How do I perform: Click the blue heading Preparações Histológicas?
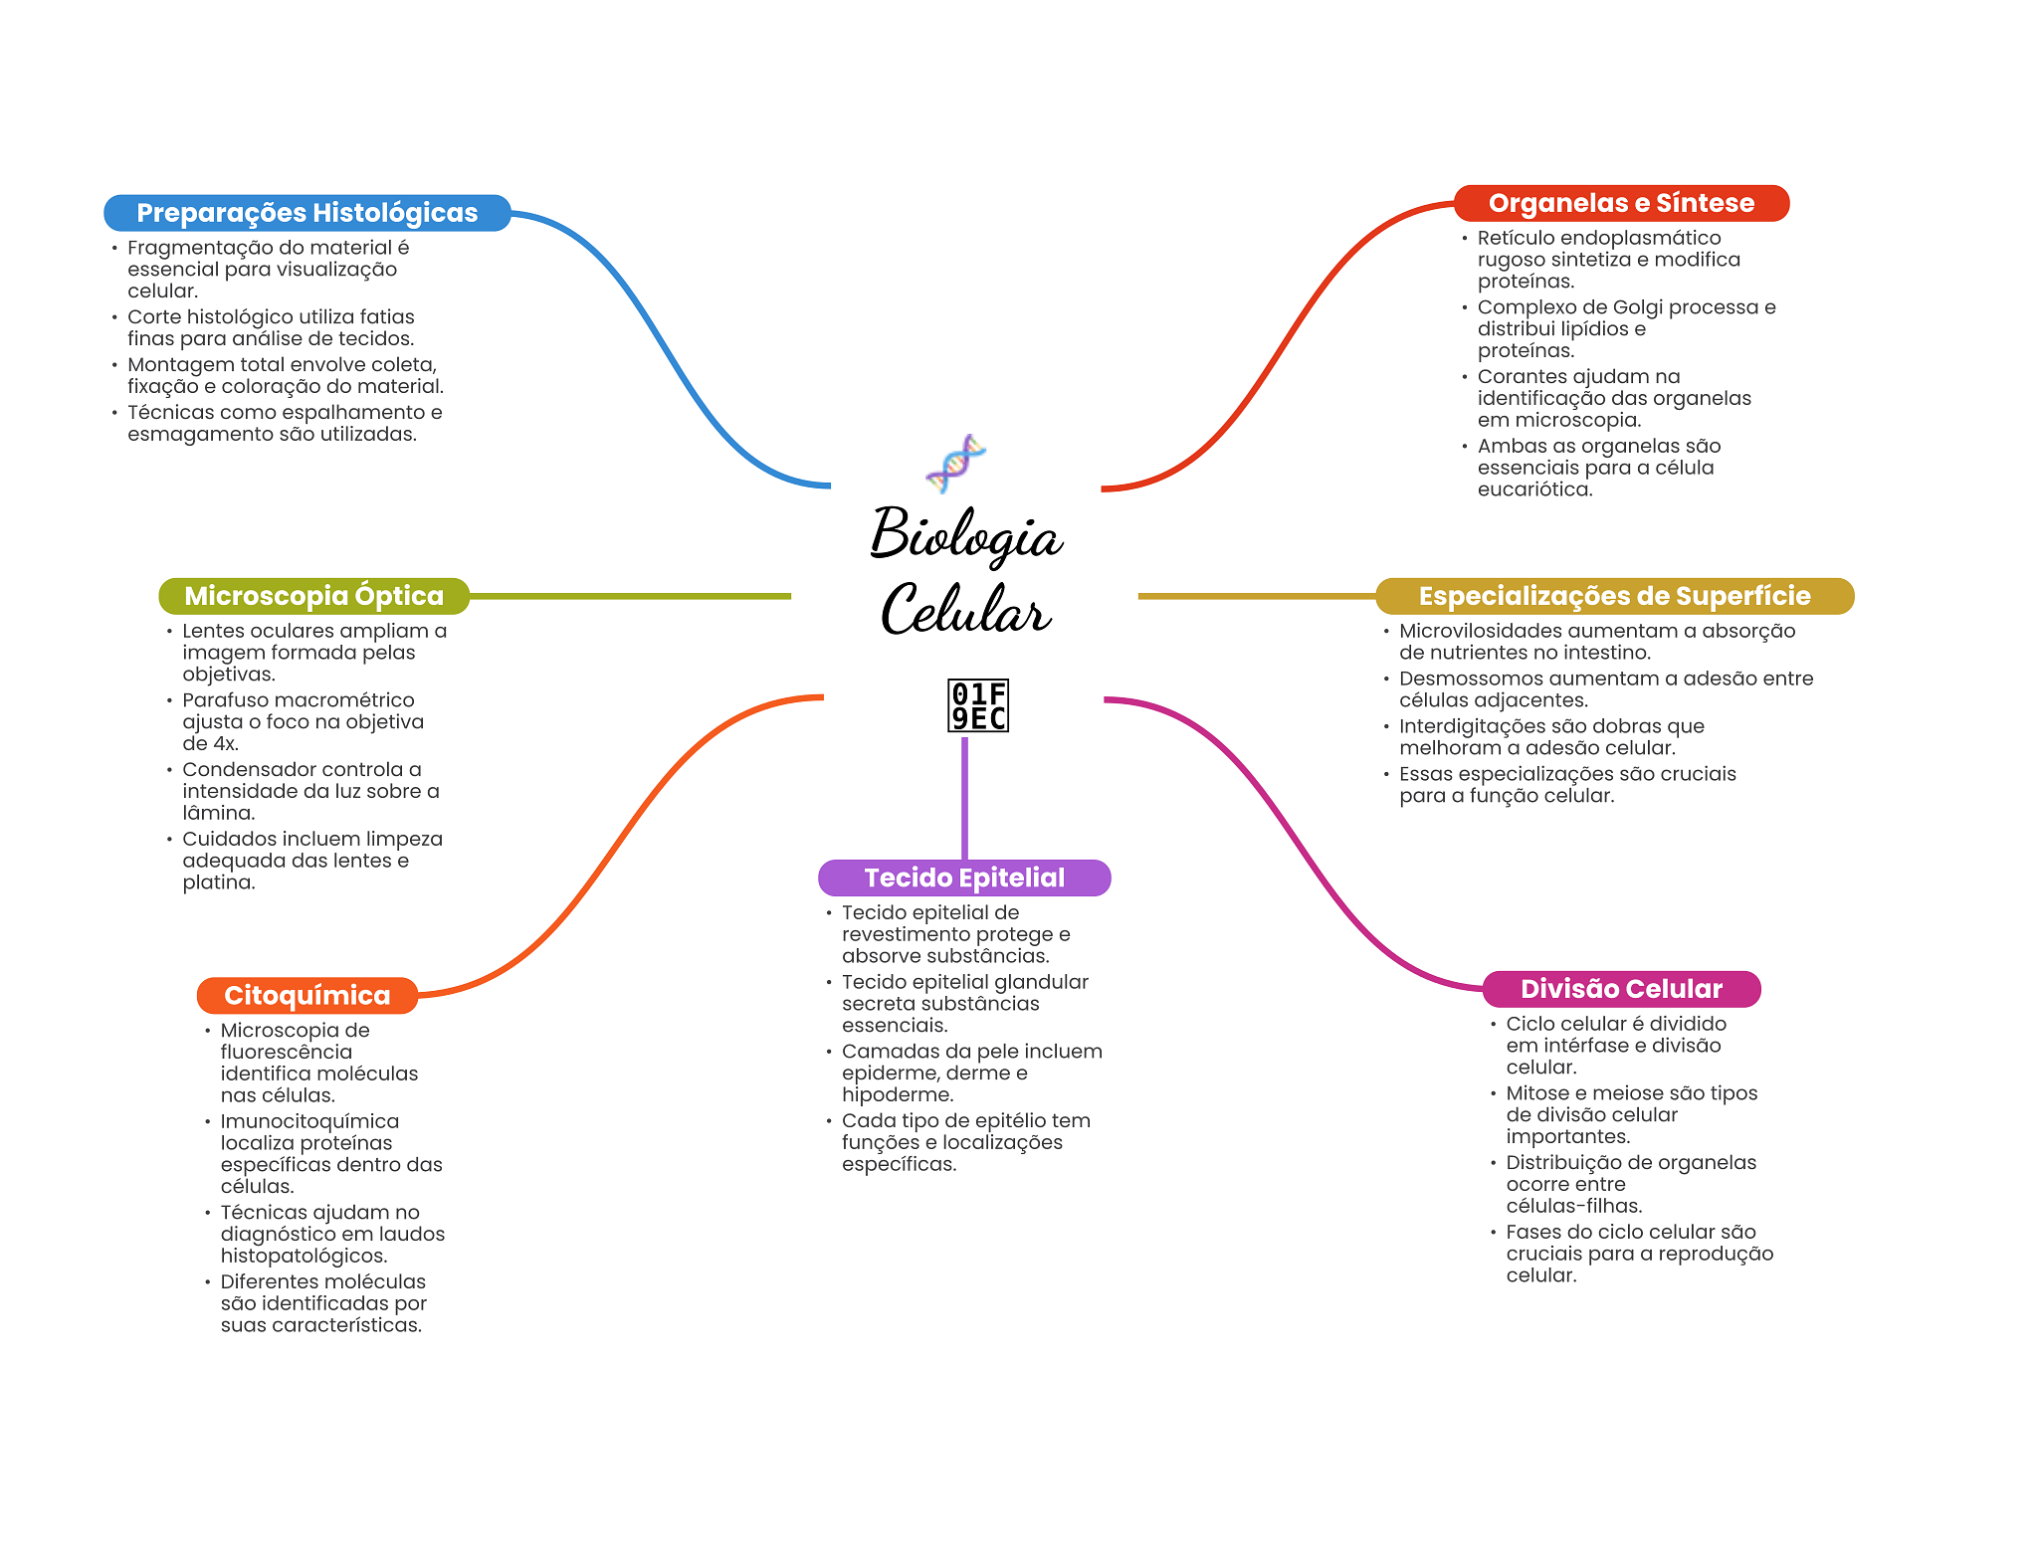click(x=306, y=213)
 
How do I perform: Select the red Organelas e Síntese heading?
click(x=1621, y=203)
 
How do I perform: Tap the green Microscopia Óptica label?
click(x=313, y=596)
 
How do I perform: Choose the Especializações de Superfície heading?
click(x=1614, y=596)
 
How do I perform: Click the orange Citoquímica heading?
click(x=306, y=995)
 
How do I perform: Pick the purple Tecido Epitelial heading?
click(x=964, y=878)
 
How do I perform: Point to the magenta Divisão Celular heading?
click(x=1621, y=989)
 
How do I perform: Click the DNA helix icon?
click(x=955, y=463)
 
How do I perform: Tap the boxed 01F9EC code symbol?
click(x=978, y=705)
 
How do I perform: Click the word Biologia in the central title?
click(x=966, y=534)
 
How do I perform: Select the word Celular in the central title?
click(x=965, y=609)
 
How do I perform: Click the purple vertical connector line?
click(x=964, y=796)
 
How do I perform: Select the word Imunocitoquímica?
click(x=309, y=1121)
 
